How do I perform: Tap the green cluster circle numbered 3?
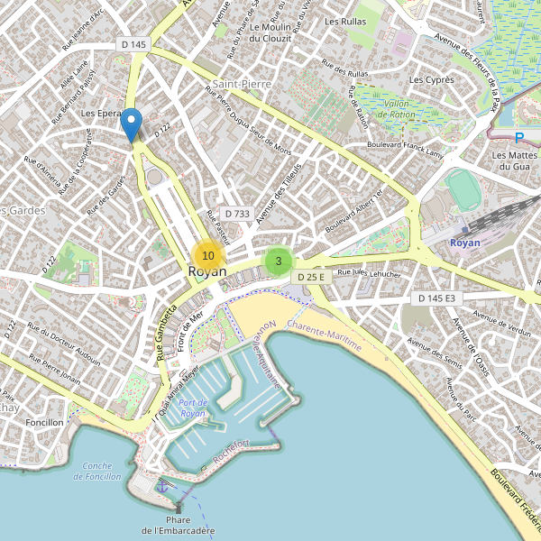(279, 261)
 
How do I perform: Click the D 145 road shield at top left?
(133, 44)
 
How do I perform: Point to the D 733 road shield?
(236, 214)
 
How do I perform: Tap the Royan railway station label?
(464, 243)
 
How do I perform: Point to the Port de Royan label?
(193, 408)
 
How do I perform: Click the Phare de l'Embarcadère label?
(179, 524)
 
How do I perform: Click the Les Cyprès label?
(431, 80)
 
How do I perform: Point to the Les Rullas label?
(344, 21)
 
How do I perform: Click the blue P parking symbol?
(518, 139)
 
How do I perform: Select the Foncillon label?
(45, 422)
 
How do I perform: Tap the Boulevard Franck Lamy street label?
(407, 146)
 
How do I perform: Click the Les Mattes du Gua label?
(511, 160)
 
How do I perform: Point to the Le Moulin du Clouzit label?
(266, 32)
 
